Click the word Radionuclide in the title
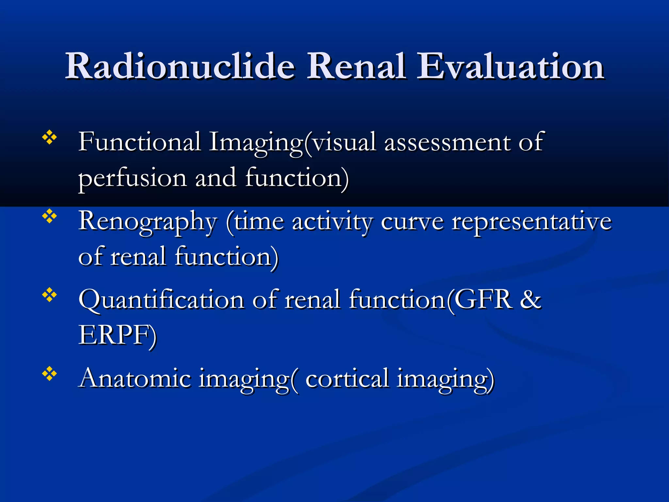(x=180, y=67)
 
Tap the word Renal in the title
(x=357, y=67)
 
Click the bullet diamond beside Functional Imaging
(x=50, y=138)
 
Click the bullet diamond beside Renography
(x=50, y=216)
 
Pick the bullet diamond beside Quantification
(x=50, y=295)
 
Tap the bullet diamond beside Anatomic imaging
(x=50, y=374)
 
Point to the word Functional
(x=139, y=142)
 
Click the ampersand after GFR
(x=530, y=299)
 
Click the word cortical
(x=347, y=378)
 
